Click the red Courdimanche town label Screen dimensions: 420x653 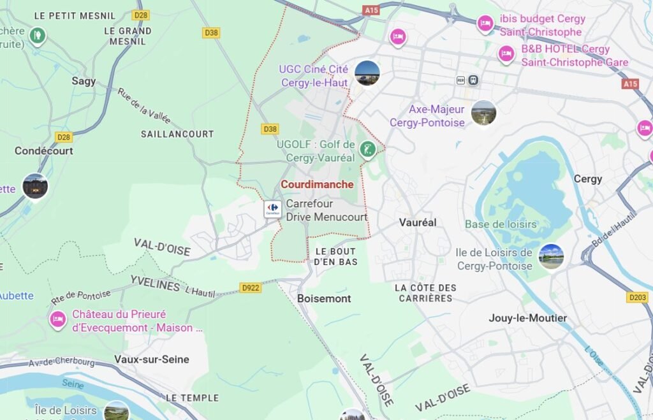tap(317, 184)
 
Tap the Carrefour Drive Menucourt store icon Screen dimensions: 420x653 tap(273, 208)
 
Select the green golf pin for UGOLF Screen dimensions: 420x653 tap(367, 150)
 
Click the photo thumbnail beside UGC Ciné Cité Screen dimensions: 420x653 tap(367, 73)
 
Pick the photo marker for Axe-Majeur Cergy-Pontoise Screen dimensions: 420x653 tap(483, 113)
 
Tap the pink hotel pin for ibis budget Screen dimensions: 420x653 tap(485, 24)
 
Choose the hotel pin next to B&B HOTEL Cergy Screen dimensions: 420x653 tap(507, 54)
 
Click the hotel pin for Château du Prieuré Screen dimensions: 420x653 tap(58, 319)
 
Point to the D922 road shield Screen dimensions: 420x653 tap(251, 288)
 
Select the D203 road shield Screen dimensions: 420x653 tap(637, 297)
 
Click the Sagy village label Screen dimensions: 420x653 tap(84, 81)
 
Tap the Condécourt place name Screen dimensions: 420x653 tap(44, 151)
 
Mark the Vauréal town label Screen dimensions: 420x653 tap(418, 222)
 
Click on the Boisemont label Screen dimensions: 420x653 tap(324, 298)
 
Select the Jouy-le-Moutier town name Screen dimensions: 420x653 tap(528, 317)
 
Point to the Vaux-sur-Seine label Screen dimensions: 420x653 tap(152, 359)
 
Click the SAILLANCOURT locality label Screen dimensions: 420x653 tap(177, 134)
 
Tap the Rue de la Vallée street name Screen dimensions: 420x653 tap(143, 105)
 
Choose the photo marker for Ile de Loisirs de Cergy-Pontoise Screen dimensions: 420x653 tap(551, 256)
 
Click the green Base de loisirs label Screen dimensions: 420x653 tap(501, 224)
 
